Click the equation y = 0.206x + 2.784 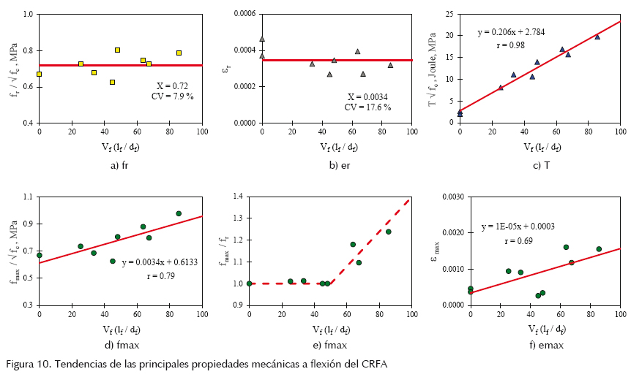515,33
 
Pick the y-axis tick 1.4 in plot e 239,197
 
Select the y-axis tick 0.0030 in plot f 452,197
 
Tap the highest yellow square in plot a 117,50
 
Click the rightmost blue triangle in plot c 597,37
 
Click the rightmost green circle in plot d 179,213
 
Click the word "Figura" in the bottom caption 20,364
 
